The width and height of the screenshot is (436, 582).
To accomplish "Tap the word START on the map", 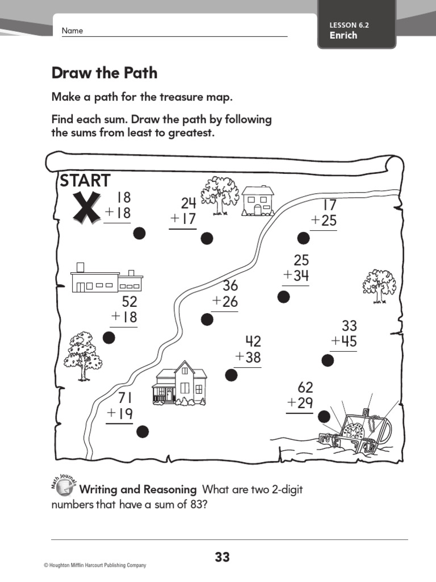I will pos(85,181).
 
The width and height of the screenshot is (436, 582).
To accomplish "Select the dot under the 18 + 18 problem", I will pos(139,233).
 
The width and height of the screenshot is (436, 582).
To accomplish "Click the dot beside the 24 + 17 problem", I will pos(207,238).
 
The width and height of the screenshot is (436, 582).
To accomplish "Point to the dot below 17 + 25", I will pos(304,238).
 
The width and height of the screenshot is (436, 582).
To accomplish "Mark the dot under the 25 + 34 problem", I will pos(283,296).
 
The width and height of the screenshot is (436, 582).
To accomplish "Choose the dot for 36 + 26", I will pos(207,319).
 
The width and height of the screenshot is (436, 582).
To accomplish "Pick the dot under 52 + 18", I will pos(109,338).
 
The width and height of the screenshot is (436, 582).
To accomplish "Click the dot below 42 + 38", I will pos(231,375).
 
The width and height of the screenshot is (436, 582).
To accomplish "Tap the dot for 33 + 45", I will pos(328,360).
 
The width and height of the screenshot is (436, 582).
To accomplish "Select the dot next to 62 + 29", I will pos(324,417).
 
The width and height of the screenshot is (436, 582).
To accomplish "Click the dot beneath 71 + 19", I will pos(142,432).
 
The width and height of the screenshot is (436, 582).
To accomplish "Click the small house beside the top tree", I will pos(258,201).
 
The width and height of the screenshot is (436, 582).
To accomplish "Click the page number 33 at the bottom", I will pos(223,558).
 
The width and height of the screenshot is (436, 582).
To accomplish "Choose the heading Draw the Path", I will pos(104,73).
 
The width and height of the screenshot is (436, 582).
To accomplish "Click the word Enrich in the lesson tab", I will pos(343,35).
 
